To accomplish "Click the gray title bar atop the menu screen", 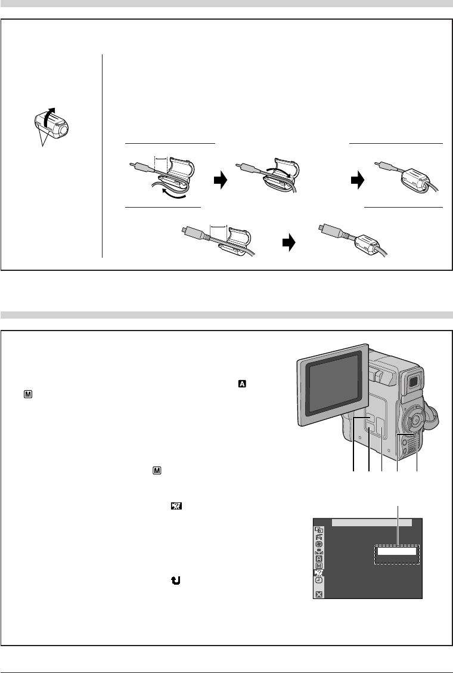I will click(371, 523).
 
